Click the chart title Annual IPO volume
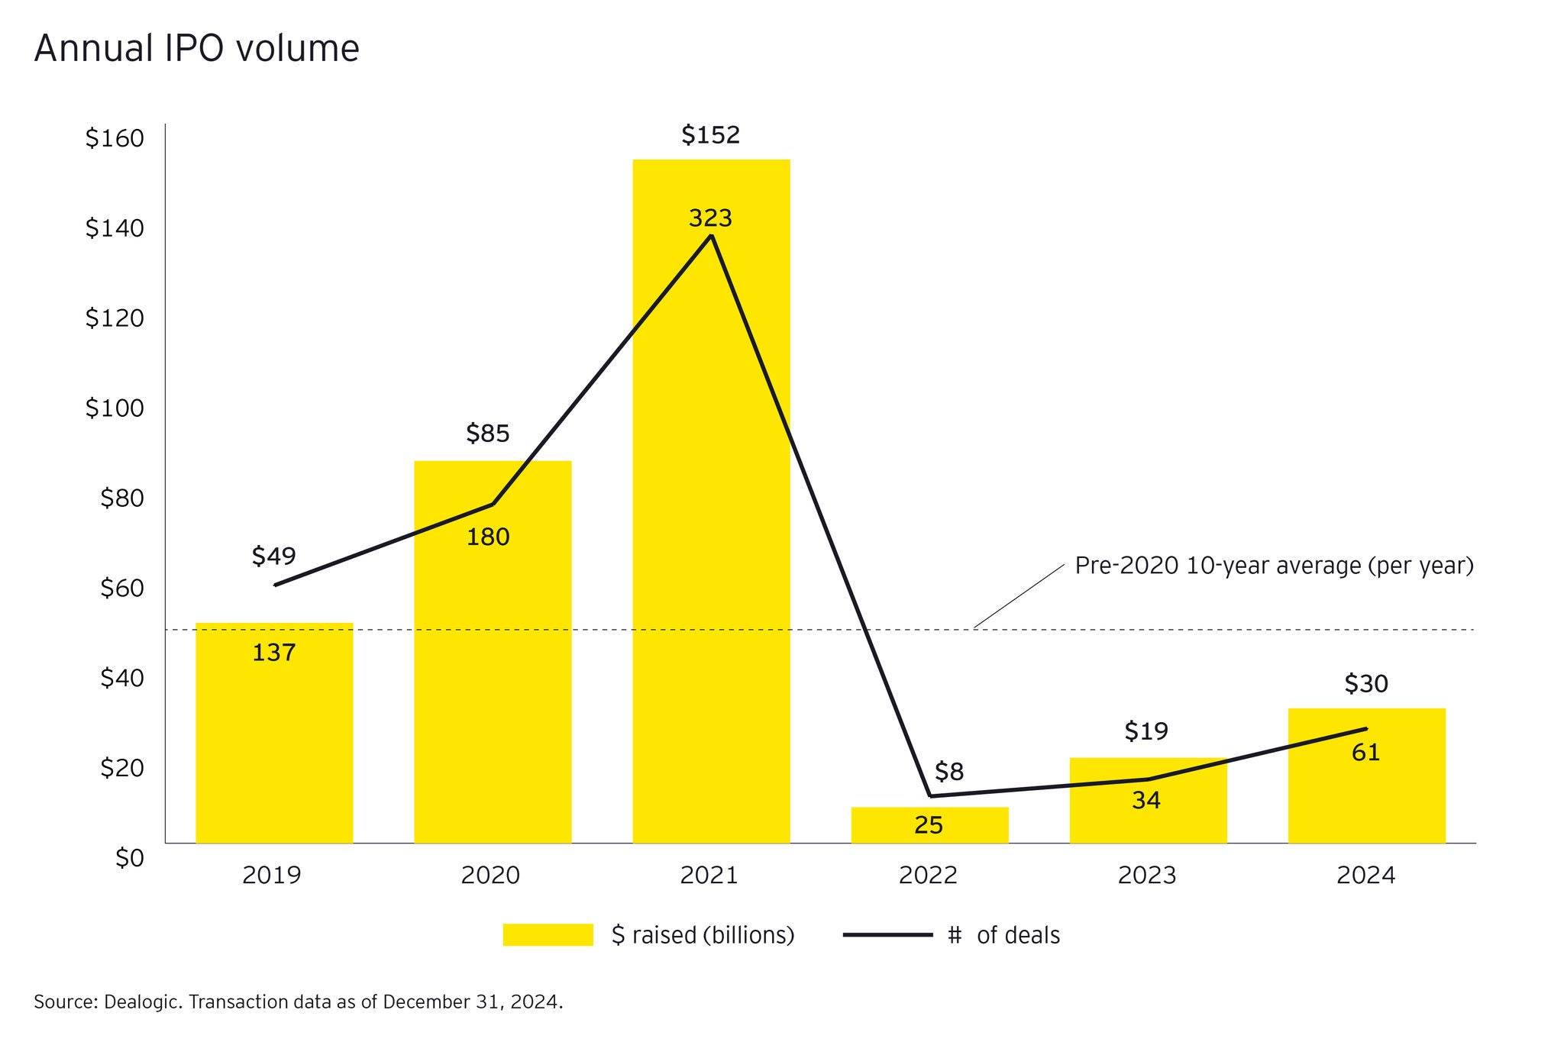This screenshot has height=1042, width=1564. coord(196,49)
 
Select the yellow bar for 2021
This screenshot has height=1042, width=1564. coord(711,534)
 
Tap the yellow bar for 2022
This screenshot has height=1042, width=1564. coord(929,824)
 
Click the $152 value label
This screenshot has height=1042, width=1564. coord(711,135)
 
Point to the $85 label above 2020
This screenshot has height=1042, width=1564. coord(488,434)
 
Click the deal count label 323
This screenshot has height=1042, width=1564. coord(710,218)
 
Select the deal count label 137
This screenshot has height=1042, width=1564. coord(274,653)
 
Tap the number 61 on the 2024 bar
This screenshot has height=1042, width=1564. coord(1365,753)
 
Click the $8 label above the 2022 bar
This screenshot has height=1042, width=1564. coord(949,772)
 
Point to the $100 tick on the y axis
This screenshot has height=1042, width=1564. coord(115,408)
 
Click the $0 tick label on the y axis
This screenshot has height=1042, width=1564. coord(129,859)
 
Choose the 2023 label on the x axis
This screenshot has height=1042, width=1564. coord(1146,875)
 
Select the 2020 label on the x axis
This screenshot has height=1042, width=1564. coord(490,875)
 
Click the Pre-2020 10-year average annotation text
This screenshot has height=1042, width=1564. coord(1274,566)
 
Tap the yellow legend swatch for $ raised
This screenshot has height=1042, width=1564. coord(548,934)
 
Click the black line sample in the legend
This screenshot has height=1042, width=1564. coord(887,934)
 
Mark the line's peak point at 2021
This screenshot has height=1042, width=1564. coord(712,236)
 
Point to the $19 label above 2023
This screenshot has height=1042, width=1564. coord(1146,731)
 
